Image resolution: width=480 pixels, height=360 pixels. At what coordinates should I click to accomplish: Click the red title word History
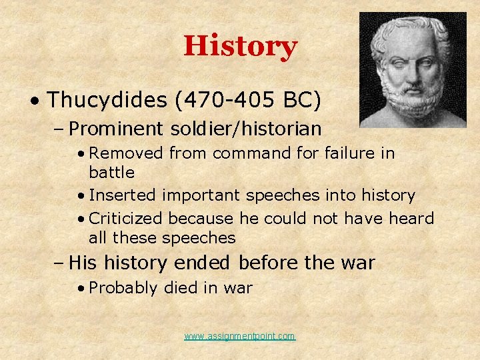pyautogui.click(x=240, y=47)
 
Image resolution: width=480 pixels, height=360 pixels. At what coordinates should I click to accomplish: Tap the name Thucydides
pyautogui.click(x=107, y=100)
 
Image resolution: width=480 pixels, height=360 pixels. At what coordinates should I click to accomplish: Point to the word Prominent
pyautogui.click(x=115, y=128)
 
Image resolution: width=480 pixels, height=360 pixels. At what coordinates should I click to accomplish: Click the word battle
pyautogui.click(x=111, y=173)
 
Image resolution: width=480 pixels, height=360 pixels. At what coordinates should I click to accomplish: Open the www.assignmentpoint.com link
pyautogui.click(x=240, y=337)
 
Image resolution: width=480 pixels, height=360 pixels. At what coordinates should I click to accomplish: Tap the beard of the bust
pyautogui.click(x=409, y=107)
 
